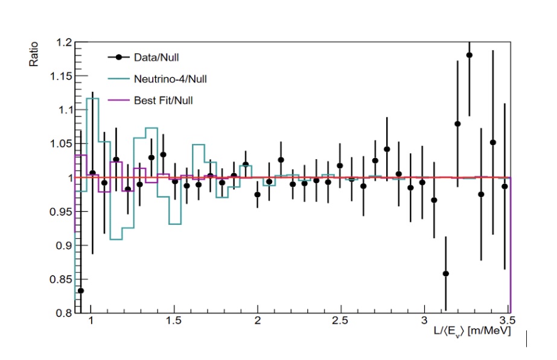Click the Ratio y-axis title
click(x=34, y=54)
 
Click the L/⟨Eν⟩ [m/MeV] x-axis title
click(x=476, y=332)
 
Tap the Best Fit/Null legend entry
click(x=163, y=100)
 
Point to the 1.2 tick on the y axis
click(x=64, y=43)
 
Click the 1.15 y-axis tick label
click(x=62, y=77)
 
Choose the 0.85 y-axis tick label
click(x=62, y=280)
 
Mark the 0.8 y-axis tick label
click(x=64, y=314)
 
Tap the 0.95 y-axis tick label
click(x=62, y=212)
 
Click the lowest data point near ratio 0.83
click(x=81, y=291)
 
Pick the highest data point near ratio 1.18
click(x=469, y=55)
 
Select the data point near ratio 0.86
click(x=446, y=274)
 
